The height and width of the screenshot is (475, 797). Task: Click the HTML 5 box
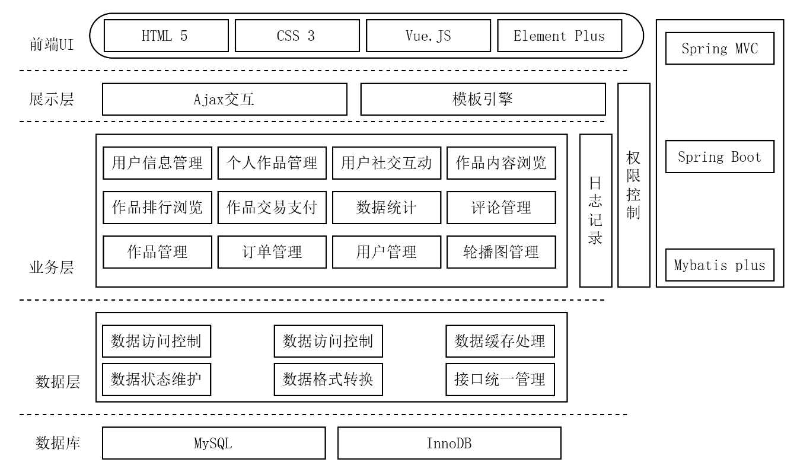(164, 36)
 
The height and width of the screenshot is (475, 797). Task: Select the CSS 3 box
(295, 36)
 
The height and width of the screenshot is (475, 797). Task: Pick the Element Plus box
(559, 36)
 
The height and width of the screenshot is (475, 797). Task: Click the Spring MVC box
(719, 49)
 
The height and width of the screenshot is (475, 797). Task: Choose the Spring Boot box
(719, 157)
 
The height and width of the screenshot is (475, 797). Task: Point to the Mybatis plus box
(719, 265)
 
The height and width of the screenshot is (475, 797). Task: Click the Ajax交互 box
(224, 99)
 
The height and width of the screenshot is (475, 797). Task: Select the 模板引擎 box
(483, 99)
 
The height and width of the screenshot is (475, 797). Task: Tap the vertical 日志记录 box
(595, 211)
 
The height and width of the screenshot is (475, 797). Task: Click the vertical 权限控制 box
(633, 185)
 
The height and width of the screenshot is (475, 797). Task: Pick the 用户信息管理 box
(157, 162)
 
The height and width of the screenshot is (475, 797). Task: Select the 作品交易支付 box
(272, 208)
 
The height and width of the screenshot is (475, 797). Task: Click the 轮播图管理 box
(501, 252)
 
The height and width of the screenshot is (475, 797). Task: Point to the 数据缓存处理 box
(500, 341)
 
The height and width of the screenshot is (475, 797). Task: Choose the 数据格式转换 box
(328, 380)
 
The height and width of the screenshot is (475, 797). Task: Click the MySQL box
(213, 443)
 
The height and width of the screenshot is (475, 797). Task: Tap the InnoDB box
(449, 443)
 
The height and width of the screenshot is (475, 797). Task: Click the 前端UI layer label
(52, 44)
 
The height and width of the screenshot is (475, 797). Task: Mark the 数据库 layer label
(58, 443)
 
